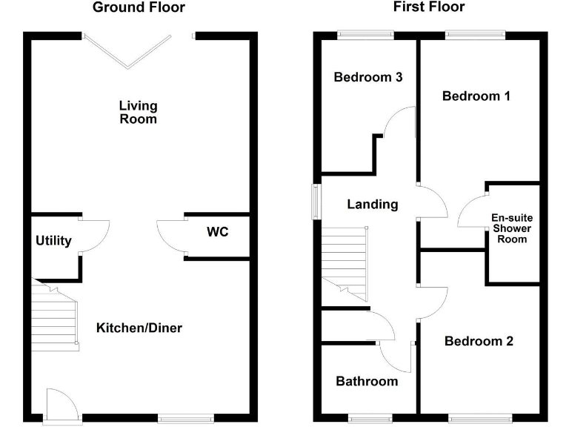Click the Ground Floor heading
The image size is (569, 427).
(x=139, y=7)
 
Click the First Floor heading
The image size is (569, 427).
(x=430, y=7)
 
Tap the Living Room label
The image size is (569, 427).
(x=139, y=112)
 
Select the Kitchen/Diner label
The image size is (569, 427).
(x=139, y=328)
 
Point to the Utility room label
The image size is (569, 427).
(x=53, y=241)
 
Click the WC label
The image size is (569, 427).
(x=218, y=232)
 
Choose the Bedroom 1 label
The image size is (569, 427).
(x=476, y=96)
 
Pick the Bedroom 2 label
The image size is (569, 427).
(x=479, y=341)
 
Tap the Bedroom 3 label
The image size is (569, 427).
(x=367, y=77)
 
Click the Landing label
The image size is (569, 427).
(x=373, y=205)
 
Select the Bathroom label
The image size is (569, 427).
(x=367, y=381)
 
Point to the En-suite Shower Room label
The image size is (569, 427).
(x=512, y=228)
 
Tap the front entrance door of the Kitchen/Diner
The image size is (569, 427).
(x=59, y=406)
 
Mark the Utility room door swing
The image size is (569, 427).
(x=94, y=236)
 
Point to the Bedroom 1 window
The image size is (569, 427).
(x=475, y=34)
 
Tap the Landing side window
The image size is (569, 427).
(x=316, y=199)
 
